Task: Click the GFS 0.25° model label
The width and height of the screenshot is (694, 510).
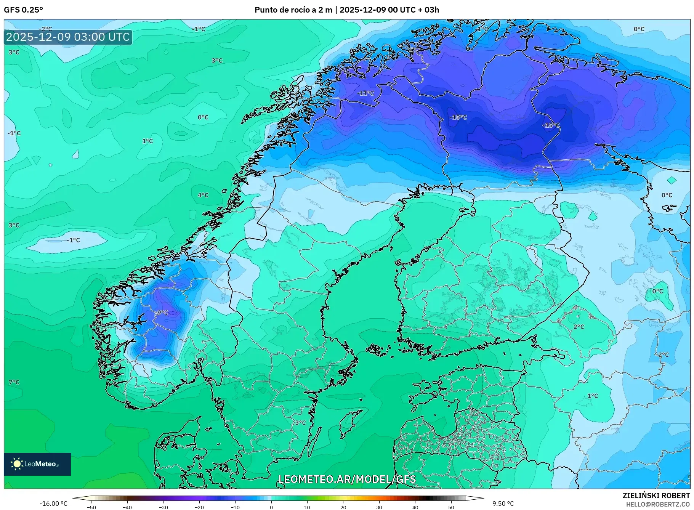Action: pos(24,10)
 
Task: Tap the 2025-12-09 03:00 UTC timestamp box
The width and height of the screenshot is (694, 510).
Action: pos(68,37)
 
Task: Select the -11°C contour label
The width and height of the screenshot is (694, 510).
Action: pos(365,93)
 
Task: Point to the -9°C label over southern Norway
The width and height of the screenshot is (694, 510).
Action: pos(162,313)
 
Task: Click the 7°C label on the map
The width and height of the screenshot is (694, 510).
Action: pos(14,382)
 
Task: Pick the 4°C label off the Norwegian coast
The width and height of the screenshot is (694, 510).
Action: pos(203,195)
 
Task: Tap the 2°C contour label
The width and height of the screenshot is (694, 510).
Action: pos(579,327)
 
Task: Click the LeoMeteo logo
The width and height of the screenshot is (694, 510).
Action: pos(37,464)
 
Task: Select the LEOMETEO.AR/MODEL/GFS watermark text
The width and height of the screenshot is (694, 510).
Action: pos(347,480)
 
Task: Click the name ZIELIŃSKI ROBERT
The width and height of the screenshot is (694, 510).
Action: pos(656,496)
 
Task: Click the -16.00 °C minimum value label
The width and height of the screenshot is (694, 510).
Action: pos(53,504)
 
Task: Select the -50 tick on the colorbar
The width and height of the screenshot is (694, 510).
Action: pos(91,507)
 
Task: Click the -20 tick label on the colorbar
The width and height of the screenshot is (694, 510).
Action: pos(199,507)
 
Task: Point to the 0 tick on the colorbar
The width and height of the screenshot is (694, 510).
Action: pos(271,507)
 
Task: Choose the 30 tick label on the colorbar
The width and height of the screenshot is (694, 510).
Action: pos(379,507)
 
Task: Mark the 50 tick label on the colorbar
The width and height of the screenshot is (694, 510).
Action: pos(451,507)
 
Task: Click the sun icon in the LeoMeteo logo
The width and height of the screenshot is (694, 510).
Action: pos(17,464)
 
